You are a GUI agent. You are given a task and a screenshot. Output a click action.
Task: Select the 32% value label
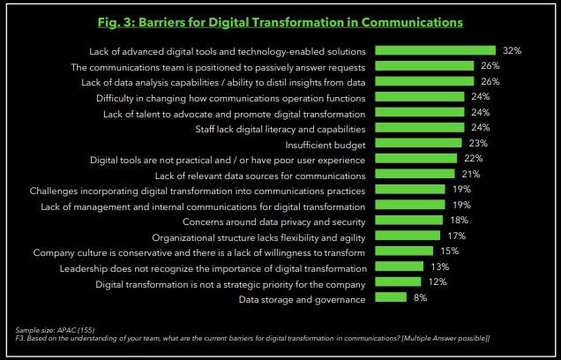tap(511, 50)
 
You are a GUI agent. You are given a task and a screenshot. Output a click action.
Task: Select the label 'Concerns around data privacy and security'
tap(274, 221)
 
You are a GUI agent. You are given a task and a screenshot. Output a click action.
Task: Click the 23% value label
tap(477, 143)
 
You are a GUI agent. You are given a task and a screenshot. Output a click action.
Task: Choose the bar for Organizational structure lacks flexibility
tap(407, 236)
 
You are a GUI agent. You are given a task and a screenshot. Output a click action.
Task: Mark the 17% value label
tap(456, 236)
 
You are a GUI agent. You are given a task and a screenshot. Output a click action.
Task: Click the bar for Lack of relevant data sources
tap(415, 174)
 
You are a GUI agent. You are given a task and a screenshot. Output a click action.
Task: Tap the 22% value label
tap(473, 159)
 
